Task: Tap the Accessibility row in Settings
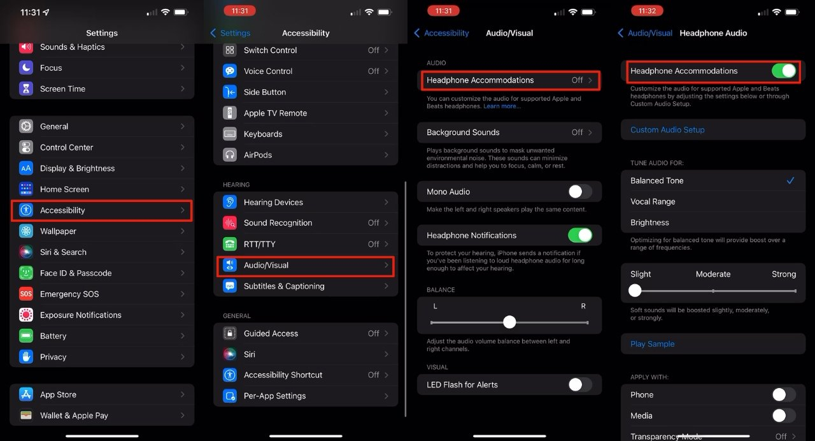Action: (102, 210)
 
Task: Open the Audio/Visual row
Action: (306, 265)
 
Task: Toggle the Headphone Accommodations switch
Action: (784, 71)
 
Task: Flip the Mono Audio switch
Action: (579, 191)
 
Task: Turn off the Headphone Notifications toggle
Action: (579, 235)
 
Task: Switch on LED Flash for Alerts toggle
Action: (579, 384)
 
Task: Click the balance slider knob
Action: (509, 322)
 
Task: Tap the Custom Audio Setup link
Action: (667, 129)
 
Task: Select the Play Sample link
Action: (652, 343)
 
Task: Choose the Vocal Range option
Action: (653, 201)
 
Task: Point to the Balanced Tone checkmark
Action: (790, 180)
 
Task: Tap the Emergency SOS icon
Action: (26, 294)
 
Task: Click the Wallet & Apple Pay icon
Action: (26, 416)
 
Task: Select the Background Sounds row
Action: (509, 133)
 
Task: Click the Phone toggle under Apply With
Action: (784, 394)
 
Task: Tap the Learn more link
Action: (502, 106)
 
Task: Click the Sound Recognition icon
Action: (230, 223)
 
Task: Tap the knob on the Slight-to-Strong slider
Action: (635, 291)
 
